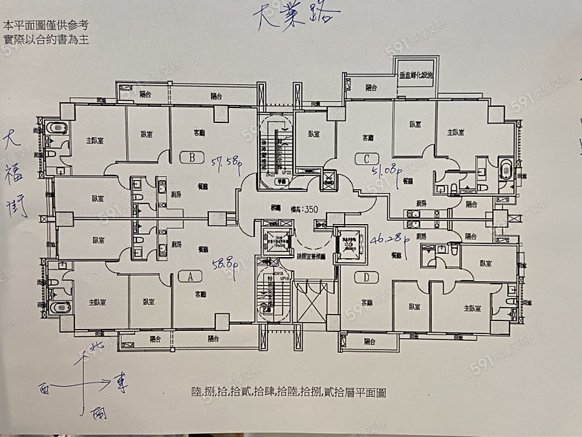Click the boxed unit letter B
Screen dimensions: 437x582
(x=191, y=157)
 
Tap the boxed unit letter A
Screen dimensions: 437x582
(x=190, y=276)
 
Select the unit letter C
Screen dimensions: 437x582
(x=367, y=157)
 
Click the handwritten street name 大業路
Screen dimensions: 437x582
(x=299, y=16)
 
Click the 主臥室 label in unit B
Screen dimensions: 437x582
(x=96, y=140)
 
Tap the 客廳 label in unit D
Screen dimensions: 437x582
(x=368, y=302)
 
